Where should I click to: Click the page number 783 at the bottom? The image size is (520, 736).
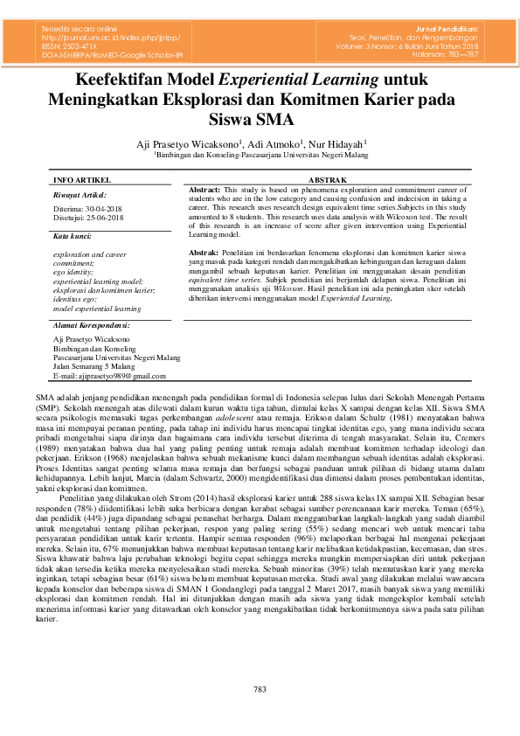click(260, 690)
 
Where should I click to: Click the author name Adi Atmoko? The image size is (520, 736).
click(274, 142)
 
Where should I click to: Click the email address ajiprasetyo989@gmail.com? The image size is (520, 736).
click(109, 375)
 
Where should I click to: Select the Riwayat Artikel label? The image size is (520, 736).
click(80, 195)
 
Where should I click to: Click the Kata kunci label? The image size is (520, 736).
click(73, 236)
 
